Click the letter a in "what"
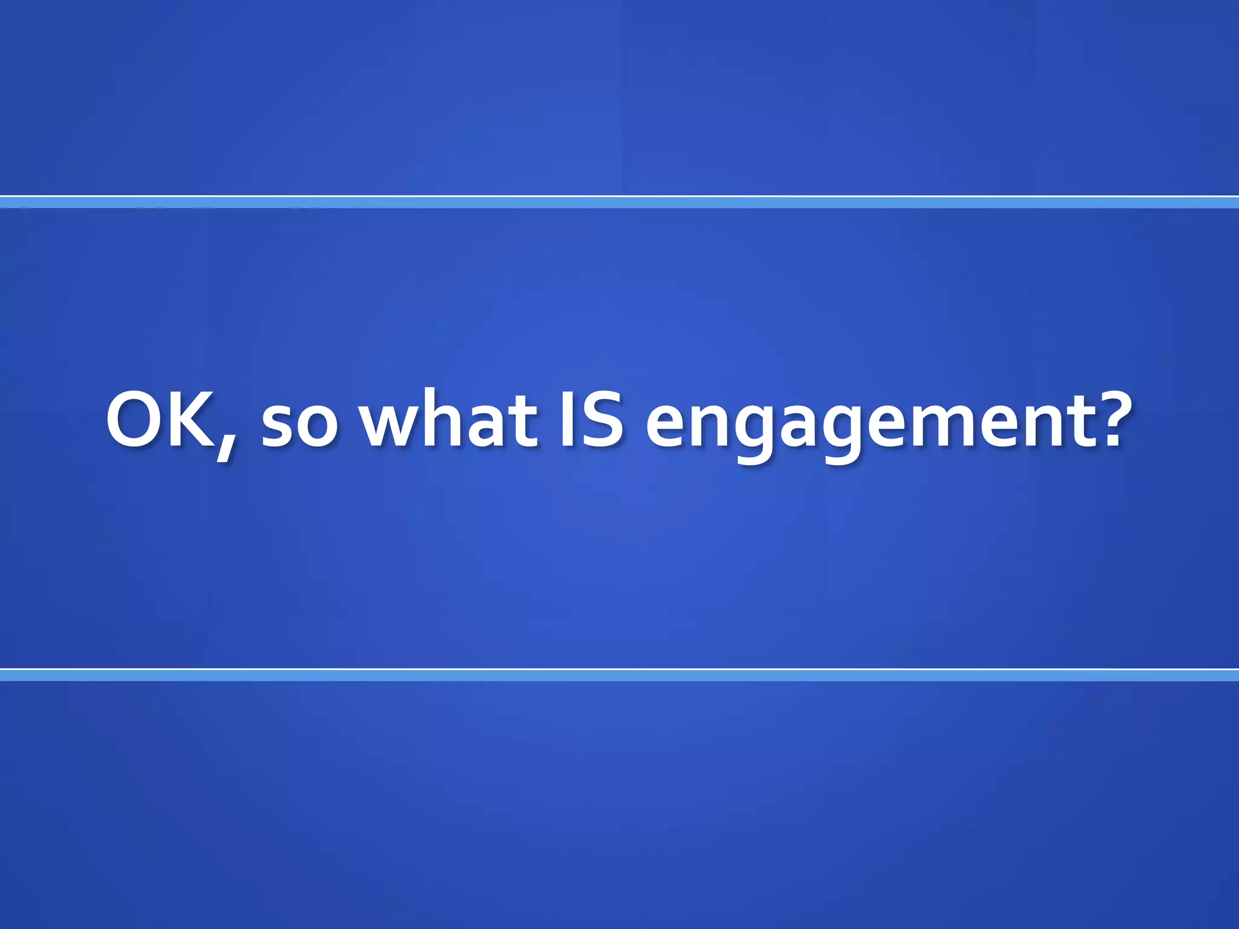[x=489, y=426]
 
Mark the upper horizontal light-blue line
[x=619, y=202]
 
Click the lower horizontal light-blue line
[x=619, y=674]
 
